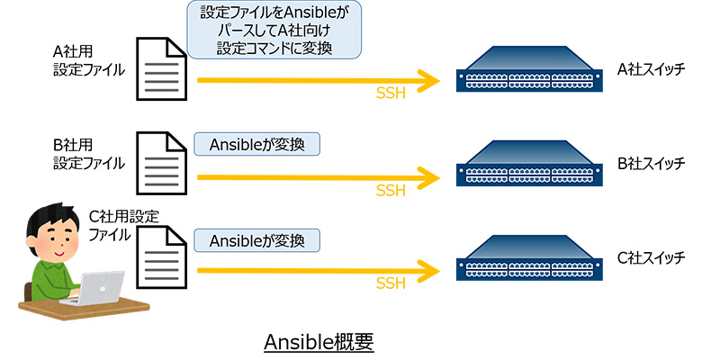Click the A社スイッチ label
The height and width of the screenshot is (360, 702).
tap(644, 67)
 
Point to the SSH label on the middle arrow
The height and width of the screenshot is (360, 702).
tap(391, 190)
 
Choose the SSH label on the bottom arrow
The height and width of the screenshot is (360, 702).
tap(391, 283)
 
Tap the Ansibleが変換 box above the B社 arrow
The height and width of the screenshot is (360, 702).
tap(256, 144)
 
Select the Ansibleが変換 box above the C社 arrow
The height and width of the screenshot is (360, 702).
tap(256, 241)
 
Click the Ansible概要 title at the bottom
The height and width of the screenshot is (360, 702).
tap(319, 342)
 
